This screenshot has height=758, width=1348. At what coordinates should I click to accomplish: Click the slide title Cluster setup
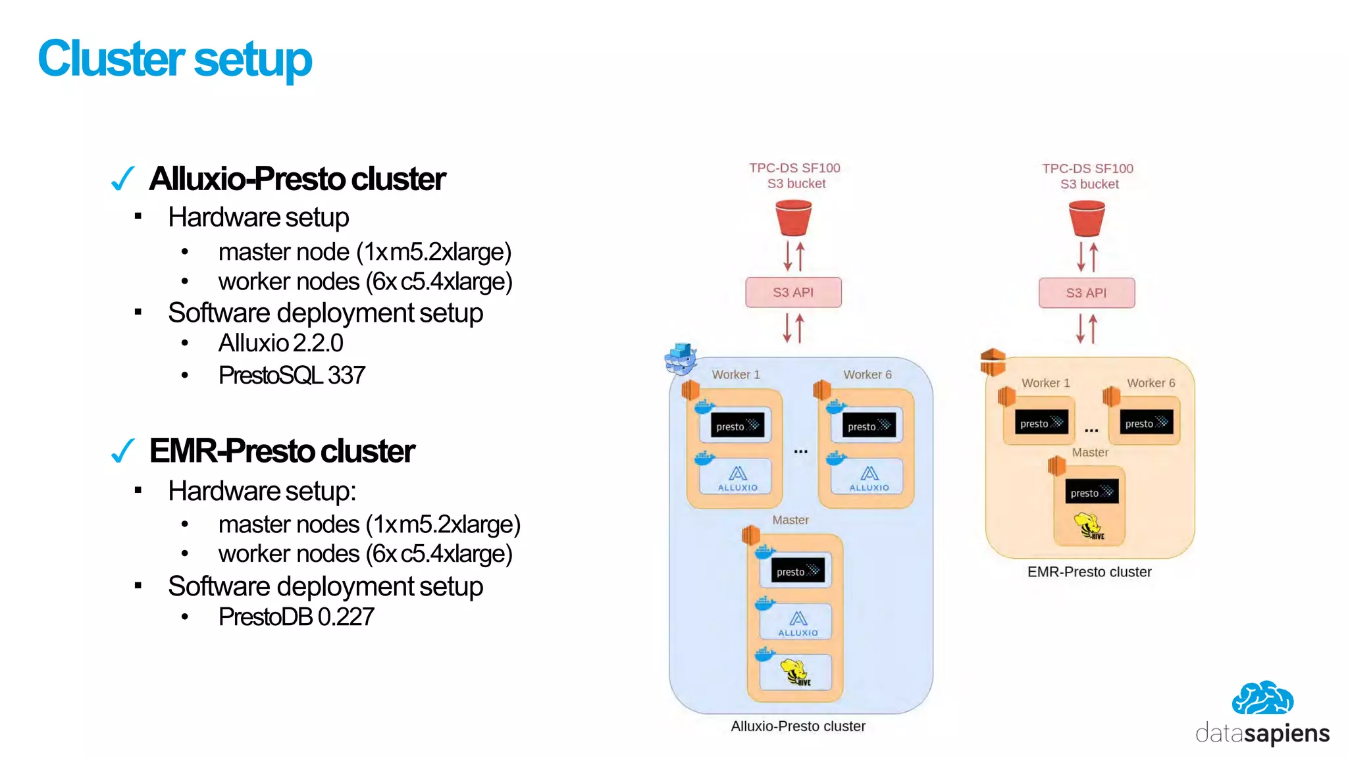click(174, 59)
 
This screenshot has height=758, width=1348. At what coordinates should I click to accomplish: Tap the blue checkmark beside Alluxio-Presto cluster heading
click(123, 178)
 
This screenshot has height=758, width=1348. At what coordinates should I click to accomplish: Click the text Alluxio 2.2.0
click(280, 343)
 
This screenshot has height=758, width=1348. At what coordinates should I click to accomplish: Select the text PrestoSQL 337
click(292, 375)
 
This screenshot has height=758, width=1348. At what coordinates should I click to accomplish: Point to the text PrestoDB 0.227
click(296, 617)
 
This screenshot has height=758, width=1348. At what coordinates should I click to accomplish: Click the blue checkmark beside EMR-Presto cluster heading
click(123, 451)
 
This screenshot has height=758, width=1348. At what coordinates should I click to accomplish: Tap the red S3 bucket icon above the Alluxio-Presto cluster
click(793, 218)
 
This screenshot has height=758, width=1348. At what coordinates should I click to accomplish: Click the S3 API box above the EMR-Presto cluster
click(1086, 293)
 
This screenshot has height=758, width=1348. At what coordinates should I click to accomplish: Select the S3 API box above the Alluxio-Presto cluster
click(793, 292)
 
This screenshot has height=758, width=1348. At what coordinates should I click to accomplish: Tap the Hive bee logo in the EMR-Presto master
click(1089, 526)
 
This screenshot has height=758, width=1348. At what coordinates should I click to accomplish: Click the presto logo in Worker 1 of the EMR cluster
click(1041, 423)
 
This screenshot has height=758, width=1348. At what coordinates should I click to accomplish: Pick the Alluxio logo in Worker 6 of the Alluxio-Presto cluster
click(869, 478)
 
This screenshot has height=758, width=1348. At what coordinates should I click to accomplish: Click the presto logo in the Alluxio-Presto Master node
click(797, 571)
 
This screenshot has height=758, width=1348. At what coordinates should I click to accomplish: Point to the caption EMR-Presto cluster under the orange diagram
click(1089, 572)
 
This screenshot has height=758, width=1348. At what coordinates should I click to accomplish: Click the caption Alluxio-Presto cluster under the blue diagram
click(798, 726)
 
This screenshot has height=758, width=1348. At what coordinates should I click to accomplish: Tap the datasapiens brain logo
click(1262, 698)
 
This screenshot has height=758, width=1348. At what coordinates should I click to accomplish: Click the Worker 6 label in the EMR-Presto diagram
click(1151, 383)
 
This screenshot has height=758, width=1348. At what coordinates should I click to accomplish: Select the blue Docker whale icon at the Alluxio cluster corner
click(681, 359)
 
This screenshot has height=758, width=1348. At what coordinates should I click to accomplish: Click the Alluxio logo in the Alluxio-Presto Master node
click(798, 622)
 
